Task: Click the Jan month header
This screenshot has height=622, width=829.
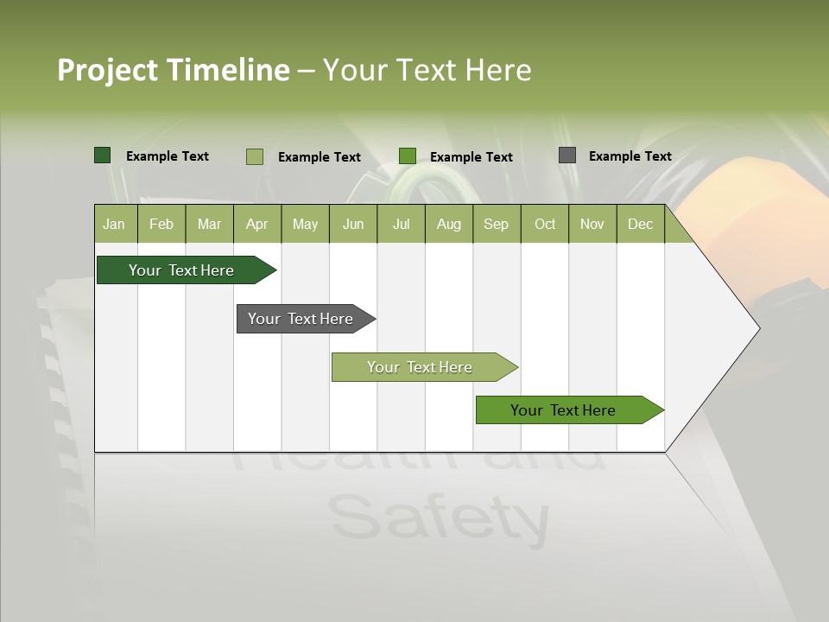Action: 114,225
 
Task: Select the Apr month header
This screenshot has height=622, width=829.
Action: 256,225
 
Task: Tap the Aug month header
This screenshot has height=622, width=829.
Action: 448,225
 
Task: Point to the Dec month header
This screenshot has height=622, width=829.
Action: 640,225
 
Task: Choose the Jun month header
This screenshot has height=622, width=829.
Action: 352,225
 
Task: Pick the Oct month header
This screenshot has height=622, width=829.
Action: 544,225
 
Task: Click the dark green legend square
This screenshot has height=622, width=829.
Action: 102,155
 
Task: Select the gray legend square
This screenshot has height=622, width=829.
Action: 566,155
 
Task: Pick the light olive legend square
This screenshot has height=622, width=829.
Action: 254,156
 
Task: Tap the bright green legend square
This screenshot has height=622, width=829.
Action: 408,156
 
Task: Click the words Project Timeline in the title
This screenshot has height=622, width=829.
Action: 173,70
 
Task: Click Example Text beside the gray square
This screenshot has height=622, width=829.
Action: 630,156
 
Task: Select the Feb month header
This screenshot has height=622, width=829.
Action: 161,225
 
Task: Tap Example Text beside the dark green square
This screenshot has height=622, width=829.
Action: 167,156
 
